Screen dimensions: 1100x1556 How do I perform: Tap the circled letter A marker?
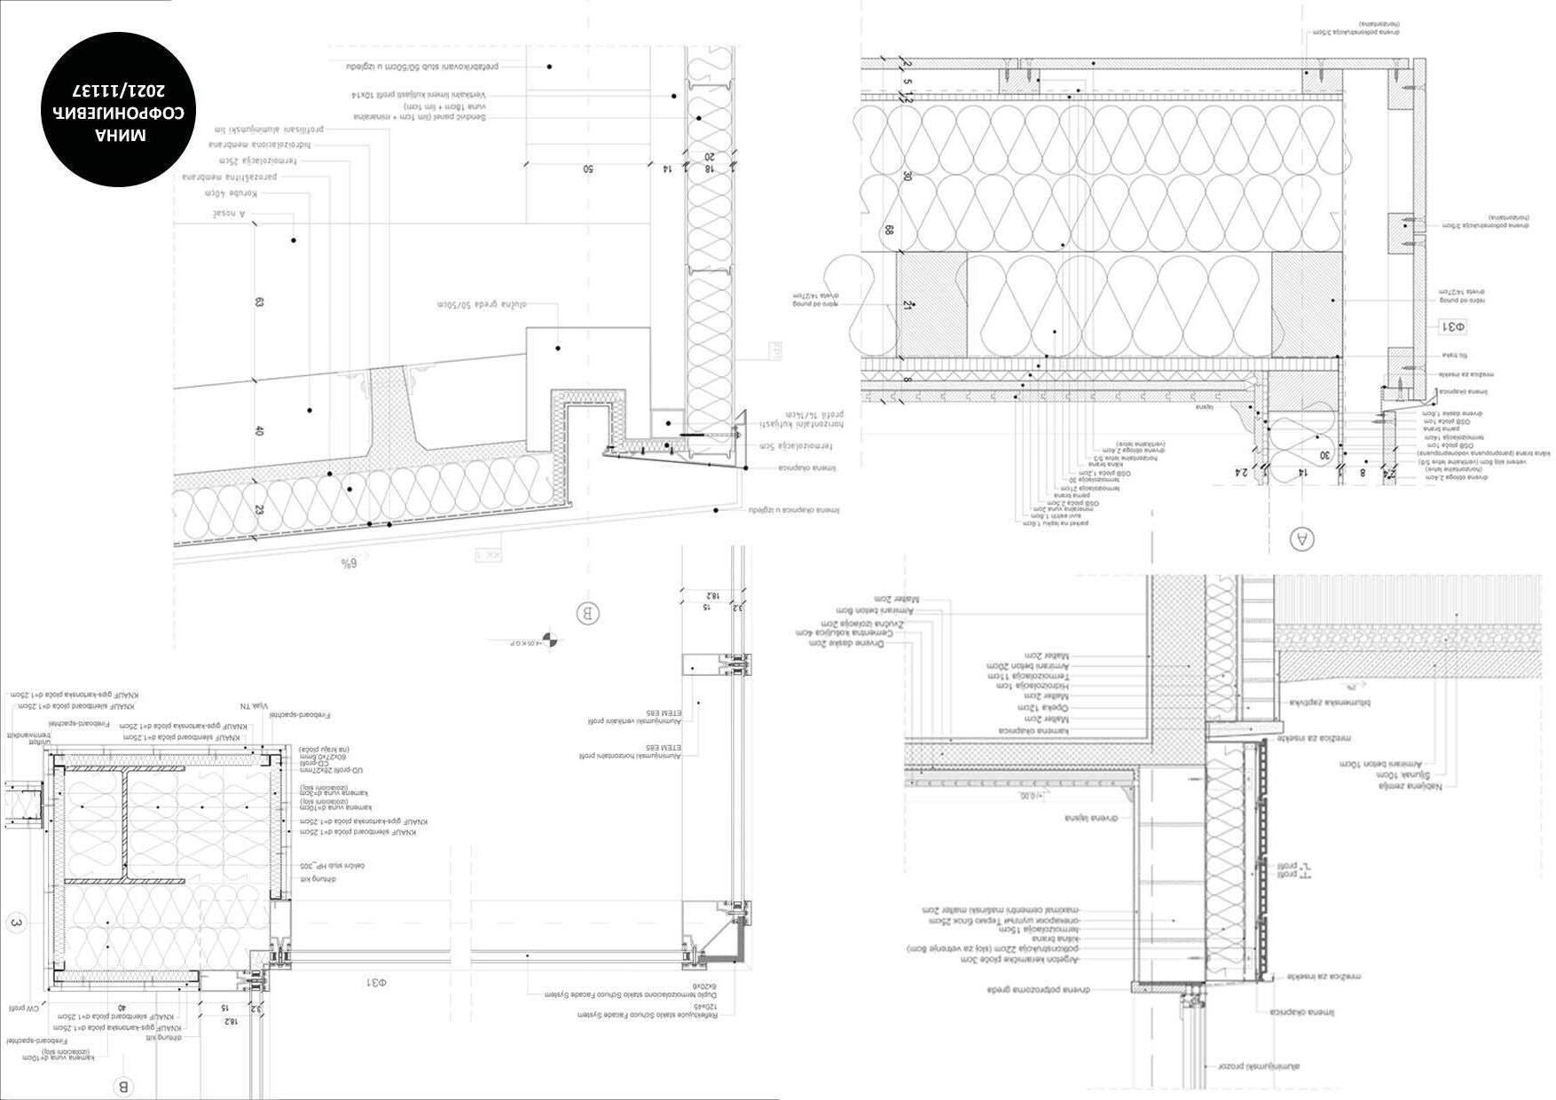tap(1301, 538)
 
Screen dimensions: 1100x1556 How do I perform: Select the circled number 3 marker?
tap(15, 923)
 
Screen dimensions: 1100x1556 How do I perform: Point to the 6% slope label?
tap(348, 562)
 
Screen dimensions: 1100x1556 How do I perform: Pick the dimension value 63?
tap(259, 302)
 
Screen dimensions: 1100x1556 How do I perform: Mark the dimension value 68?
tap(888, 230)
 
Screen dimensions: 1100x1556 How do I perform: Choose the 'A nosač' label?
tap(228, 214)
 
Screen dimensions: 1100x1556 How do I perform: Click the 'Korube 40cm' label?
tap(232, 192)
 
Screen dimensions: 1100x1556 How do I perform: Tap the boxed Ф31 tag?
tap(1452, 326)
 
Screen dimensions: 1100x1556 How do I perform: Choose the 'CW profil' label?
tap(21, 1009)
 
